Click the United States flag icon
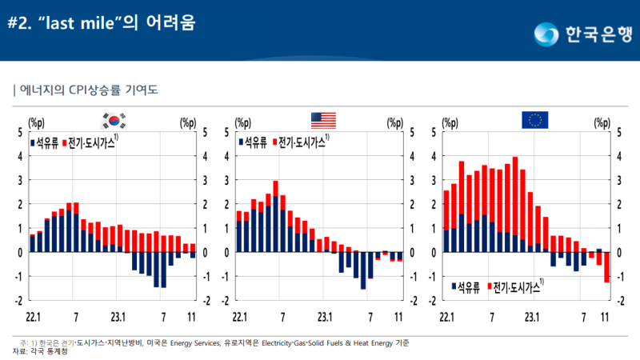tap(323, 121)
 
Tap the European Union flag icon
tap(534, 121)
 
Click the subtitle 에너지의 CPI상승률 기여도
tap(88, 90)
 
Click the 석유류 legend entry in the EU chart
tap(466, 285)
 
